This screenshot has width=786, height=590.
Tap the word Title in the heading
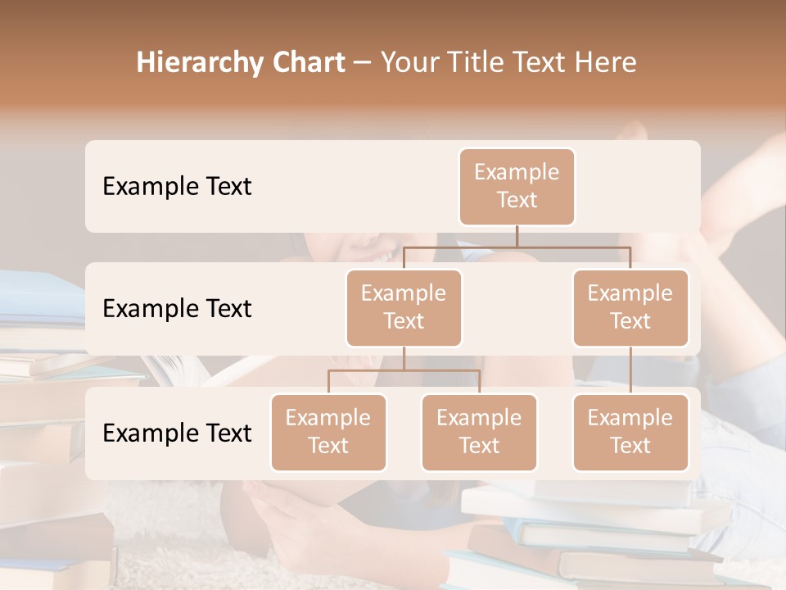tap(476, 63)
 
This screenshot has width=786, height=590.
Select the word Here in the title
tap(606, 63)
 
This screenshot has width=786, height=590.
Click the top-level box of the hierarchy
tap(517, 186)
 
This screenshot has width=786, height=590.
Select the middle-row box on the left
tap(404, 307)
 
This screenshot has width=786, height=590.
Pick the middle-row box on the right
tap(630, 307)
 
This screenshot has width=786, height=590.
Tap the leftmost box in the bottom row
tap(328, 432)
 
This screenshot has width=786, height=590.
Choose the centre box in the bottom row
tap(479, 432)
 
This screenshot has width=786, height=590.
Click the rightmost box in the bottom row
tap(630, 432)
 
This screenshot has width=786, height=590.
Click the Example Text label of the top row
tap(177, 186)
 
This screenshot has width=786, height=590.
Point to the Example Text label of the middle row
tap(177, 308)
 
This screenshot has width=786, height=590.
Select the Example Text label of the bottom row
tap(177, 433)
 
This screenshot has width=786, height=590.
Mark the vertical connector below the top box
tap(517, 236)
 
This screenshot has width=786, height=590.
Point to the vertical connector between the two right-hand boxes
tap(630, 370)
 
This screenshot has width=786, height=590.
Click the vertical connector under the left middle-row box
tap(404, 358)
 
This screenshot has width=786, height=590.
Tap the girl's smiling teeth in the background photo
tap(382, 257)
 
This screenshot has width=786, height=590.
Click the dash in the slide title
tap(363, 63)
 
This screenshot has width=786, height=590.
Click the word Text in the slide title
tap(542, 63)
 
